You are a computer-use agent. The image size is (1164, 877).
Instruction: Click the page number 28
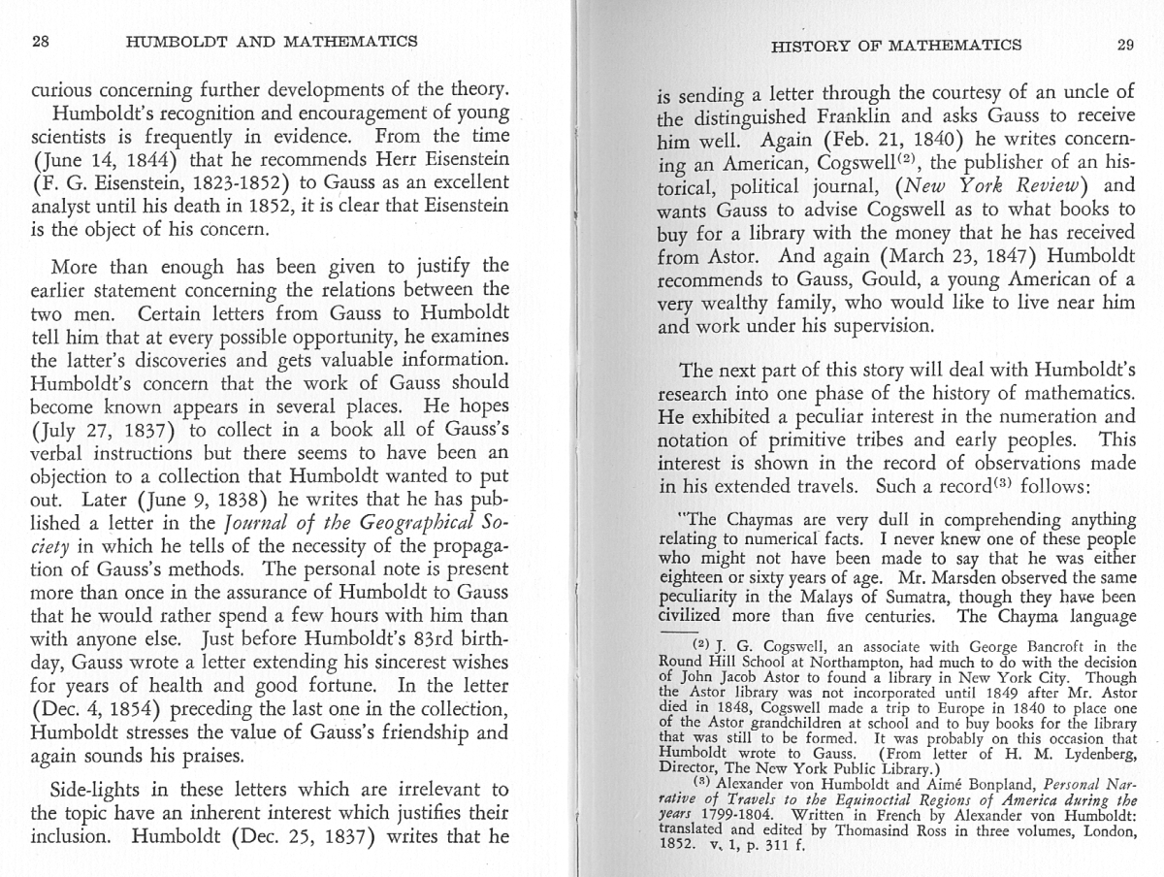pos(41,42)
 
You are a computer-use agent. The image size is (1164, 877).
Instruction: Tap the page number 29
pos(1125,45)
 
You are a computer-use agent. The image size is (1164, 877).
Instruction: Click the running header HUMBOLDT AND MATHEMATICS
pos(272,42)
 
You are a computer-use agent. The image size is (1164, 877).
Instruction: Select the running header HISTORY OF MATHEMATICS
pos(895,45)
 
